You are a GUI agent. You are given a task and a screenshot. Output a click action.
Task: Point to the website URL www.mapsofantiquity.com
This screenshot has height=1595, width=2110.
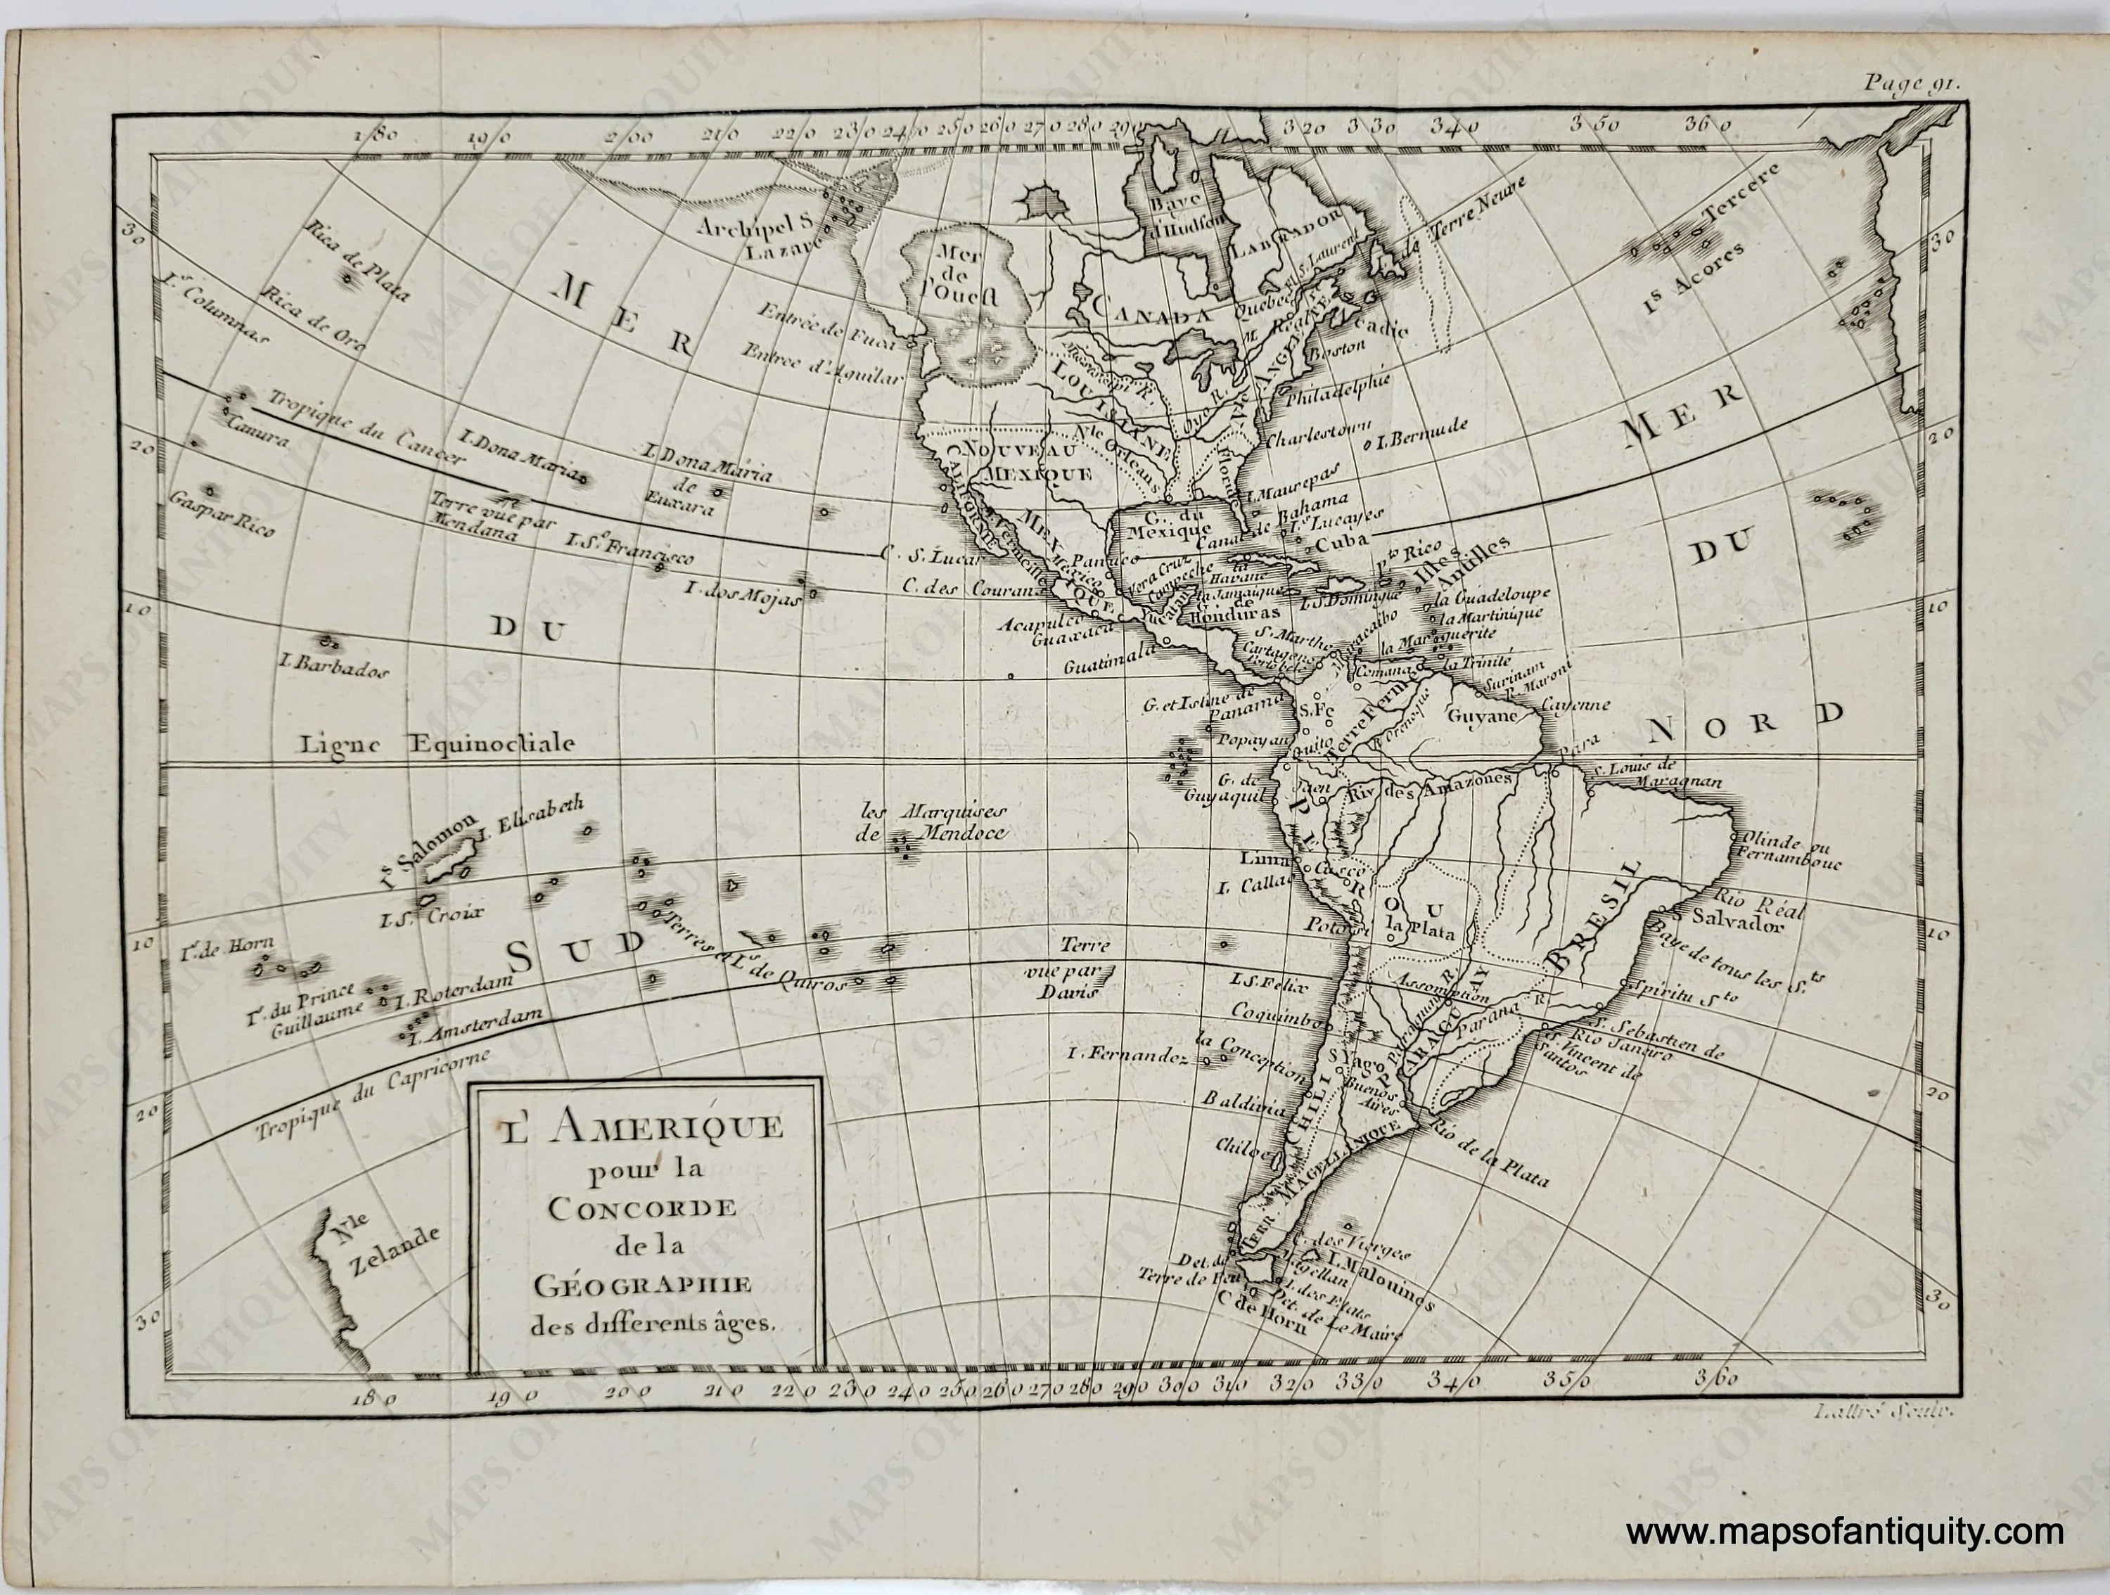[1845, 1533]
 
